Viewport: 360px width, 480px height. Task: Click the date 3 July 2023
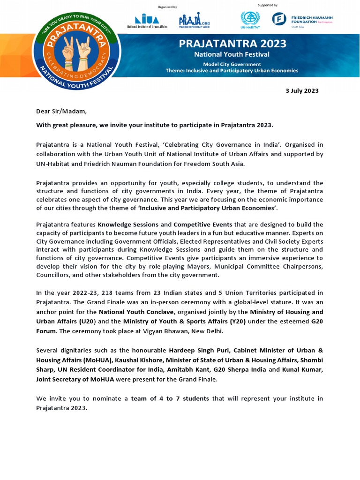(302, 91)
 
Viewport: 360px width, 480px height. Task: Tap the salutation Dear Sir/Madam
(61, 111)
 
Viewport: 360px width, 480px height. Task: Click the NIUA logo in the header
(147, 20)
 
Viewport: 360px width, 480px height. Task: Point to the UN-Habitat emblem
(250, 19)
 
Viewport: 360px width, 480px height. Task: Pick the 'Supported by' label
(268, 5)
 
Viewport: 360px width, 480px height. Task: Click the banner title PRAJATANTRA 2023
(232, 45)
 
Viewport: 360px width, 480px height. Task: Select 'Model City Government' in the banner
(232, 64)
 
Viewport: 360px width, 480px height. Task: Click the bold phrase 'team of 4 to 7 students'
(170, 398)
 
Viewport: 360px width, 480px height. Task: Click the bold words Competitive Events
(202, 225)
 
